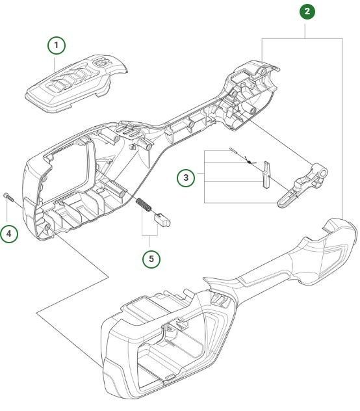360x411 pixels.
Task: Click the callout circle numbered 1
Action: [x=57, y=46]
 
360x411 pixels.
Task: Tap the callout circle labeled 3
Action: [x=187, y=177]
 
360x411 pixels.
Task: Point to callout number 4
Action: [x=10, y=233]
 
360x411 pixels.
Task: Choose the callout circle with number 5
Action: [x=152, y=258]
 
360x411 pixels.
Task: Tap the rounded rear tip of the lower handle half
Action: [x=337, y=228]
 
